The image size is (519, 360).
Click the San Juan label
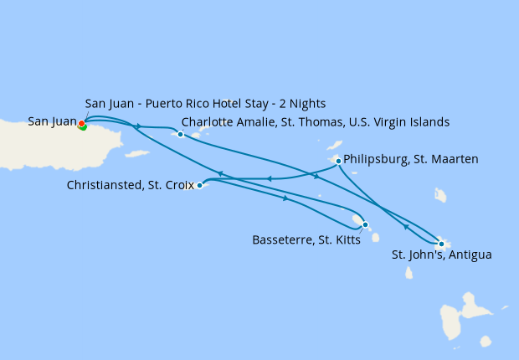click(52, 121)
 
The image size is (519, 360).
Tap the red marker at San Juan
click(81, 124)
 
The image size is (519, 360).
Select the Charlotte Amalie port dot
click(181, 134)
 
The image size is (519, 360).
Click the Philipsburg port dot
click(338, 161)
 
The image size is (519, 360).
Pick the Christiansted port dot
click(199, 185)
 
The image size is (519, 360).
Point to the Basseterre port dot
click(366, 224)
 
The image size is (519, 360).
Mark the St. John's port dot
click(441, 244)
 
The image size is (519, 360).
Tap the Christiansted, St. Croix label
click(131, 184)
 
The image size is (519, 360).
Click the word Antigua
click(470, 254)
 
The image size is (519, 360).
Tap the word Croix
click(177, 184)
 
